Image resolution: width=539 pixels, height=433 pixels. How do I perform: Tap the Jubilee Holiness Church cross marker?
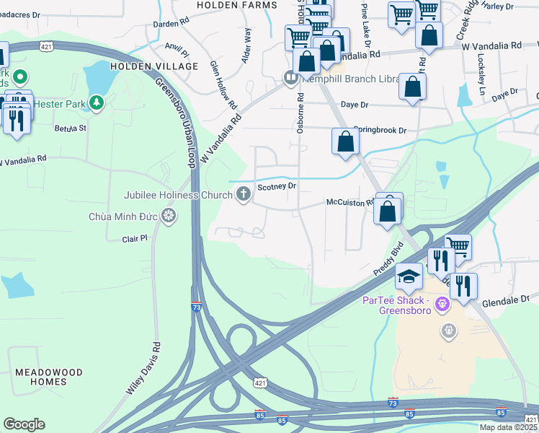[244, 194]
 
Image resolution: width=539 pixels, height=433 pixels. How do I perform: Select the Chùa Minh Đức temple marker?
[169, 216]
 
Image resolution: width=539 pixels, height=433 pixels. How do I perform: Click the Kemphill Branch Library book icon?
[291, 77]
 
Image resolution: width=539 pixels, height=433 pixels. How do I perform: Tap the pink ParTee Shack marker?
[442, 304]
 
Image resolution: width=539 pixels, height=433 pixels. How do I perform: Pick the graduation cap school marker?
[409, 276]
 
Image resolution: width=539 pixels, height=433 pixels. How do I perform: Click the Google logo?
[24, 424]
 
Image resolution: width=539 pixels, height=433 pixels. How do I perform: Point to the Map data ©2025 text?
[508, 427]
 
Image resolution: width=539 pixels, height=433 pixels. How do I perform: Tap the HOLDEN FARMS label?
[236, 5]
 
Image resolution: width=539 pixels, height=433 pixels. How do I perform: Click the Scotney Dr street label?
[277, 185]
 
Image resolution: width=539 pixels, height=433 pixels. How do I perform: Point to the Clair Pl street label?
[134, 237]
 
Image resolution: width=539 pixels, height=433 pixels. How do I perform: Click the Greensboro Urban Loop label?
[176, 122]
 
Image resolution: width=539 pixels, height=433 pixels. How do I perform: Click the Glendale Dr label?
[505, 298]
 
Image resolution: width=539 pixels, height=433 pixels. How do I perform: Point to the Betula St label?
[71, 128]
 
